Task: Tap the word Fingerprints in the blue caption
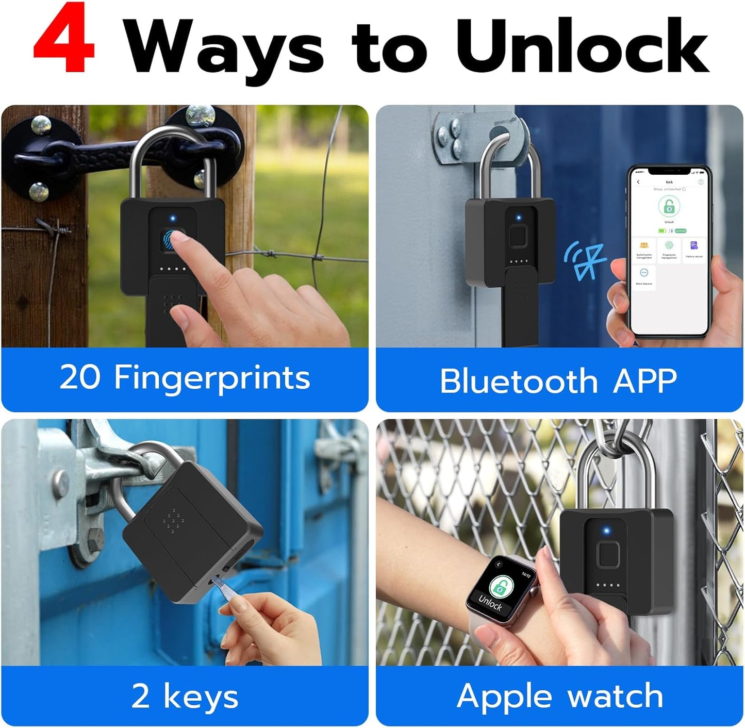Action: (212, 378)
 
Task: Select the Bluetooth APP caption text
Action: (558, 381)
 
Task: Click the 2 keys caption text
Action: (185, 697)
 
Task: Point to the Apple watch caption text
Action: (559, 697)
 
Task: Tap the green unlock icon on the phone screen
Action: (669, 207)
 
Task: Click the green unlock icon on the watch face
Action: (499, 587)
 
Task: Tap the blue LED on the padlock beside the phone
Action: (519, 218)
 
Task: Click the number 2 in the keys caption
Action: (140, 696)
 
